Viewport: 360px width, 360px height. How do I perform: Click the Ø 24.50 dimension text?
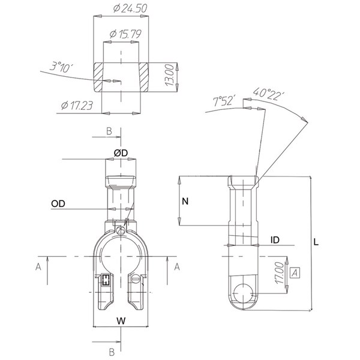[x=130, y=8]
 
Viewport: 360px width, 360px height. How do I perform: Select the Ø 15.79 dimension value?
[x=125, y=34]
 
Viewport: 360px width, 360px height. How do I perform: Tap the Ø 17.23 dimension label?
[x=77, y=106]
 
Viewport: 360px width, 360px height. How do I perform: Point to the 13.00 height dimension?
[x=170, y=75]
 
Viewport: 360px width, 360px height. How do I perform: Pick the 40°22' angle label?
[x=269, y=94]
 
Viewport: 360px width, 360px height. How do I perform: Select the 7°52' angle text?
[x=224, y=101]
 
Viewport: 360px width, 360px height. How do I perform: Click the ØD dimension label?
[x=121, y=153]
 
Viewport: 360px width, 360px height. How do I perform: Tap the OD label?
[x=58, y=203]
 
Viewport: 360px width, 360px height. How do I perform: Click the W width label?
[x=121, y=321]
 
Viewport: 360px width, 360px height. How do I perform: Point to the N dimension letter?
[x=185, y=202]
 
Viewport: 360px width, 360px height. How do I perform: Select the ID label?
[x=275, y=240]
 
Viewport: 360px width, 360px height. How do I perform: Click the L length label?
[x=316, y=242]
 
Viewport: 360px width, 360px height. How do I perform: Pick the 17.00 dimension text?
[x=280, y=273]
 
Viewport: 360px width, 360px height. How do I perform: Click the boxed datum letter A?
[x=295, y=273]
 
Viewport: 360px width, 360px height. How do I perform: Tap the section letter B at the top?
[x=109, y=131]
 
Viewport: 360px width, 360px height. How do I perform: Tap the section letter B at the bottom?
[x=112, y=352]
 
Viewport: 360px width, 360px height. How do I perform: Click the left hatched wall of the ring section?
[x=98, y=77]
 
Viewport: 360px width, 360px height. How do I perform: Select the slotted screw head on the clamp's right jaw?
[x=135, y=280]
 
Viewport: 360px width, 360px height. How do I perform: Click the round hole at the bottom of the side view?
[x=243, y=293]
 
